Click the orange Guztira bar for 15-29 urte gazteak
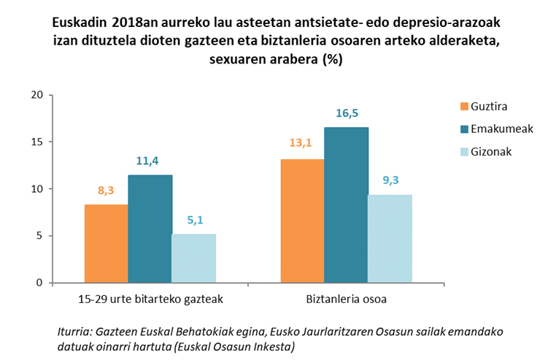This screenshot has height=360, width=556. click(106, 243)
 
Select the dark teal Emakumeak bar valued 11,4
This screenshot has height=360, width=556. click(150, 229)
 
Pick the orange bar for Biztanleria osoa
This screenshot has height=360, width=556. click(302, 221)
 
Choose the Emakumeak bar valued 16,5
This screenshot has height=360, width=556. click(346, 204)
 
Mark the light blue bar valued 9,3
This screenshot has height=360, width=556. click(390, 239)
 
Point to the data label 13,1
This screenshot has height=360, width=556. click(302, 144)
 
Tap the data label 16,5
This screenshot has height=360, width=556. click(347, 113)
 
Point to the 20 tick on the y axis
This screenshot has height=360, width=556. click(36, 95)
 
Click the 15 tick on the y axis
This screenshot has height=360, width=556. click(36, 142)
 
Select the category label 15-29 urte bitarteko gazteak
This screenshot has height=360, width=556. click(150, 299)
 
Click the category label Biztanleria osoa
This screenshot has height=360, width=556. click(346, 299)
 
